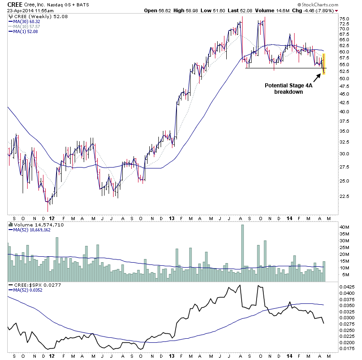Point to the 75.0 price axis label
345,19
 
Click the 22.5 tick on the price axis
345,197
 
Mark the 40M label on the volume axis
344,227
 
